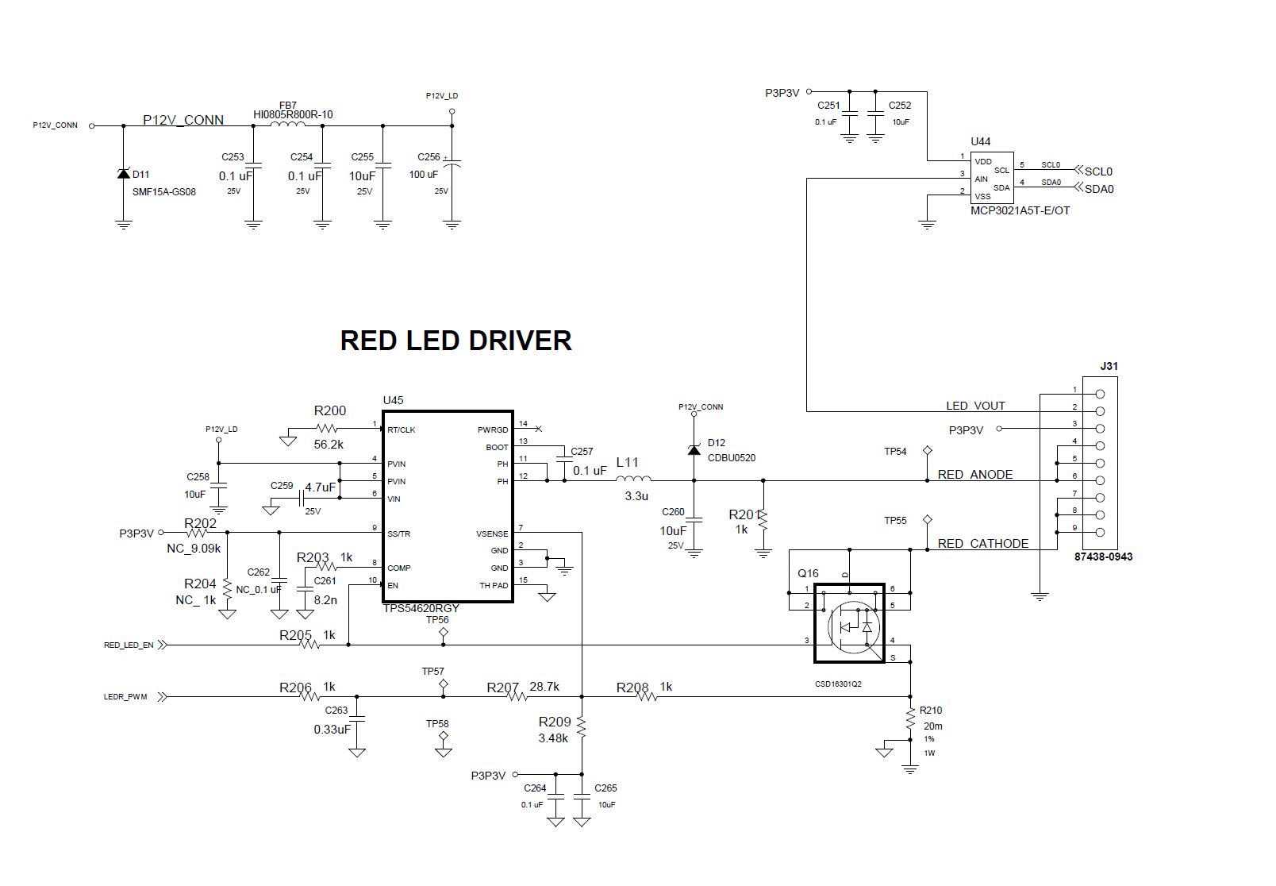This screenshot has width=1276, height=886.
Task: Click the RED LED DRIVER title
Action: (x=455, y=341)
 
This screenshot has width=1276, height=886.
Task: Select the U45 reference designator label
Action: (x=393, y=400)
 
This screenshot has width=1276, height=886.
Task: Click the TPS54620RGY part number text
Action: (x=421, y=608)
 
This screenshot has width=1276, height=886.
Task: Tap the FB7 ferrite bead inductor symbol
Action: (x=287, y=124)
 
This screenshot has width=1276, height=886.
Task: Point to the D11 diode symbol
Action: (x=123, y=174)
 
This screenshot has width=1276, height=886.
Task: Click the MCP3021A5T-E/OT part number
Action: (x=1020, y=210)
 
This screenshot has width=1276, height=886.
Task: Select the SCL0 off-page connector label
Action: (x=1098, y=171)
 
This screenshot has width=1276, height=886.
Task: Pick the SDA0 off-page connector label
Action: (x=1099, y=189)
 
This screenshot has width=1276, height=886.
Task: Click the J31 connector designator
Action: (x=1109, y=366)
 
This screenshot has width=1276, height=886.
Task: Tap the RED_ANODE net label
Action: (x=975, y=475)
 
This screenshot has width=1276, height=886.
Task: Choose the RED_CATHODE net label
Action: (x=983, y=544)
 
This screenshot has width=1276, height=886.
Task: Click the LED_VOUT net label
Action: (x=975, y=406)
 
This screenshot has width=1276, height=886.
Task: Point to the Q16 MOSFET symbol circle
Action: (x=853, y=627)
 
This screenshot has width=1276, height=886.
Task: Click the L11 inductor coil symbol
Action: (x=633, y=478)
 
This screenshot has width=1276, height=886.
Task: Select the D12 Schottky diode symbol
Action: (x=694, y=450)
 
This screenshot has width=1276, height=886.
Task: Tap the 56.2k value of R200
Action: (x=329, y=445)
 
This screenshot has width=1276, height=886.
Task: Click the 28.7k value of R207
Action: (x=544, y=687)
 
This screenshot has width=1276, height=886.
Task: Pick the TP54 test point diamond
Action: (x=927, y=451)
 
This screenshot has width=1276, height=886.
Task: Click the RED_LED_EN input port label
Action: (x=129, y=645)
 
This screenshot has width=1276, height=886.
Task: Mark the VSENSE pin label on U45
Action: (x=492, y=534)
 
